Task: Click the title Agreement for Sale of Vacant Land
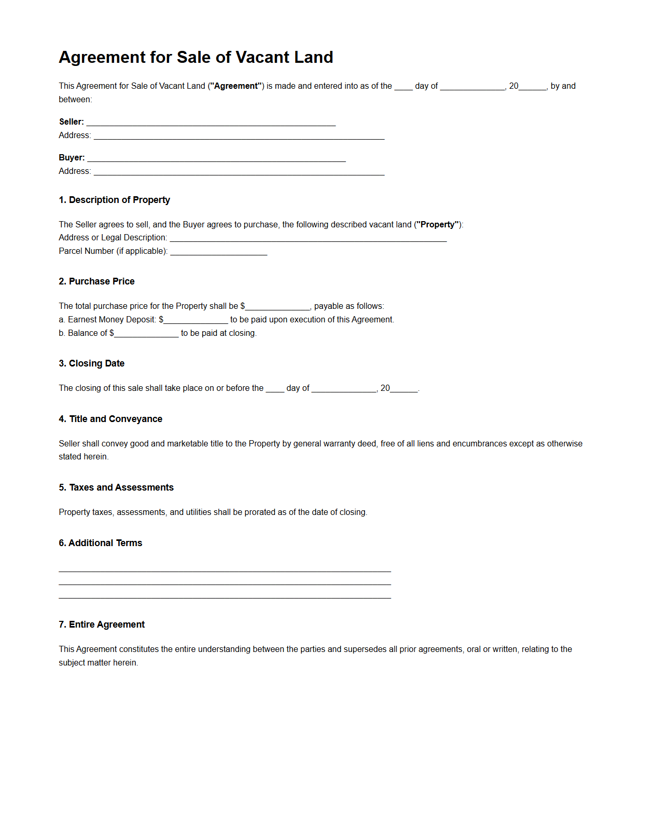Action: click(x=196, y=57)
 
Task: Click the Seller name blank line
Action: click(x=211, y=123)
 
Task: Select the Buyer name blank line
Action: click(x=216, y=158)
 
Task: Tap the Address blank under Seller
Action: click(x=239, y=136)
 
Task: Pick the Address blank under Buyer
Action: click(x=239, y=172)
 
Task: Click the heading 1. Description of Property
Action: click(x=114, y=200)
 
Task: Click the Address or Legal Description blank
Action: click(x=308, y=238)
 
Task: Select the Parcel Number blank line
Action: click(x=218, y=252)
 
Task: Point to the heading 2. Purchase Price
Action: click(x=96, y=281)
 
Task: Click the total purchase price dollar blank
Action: click(x=277, y=307)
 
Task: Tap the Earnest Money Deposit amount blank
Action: click(x=196, y=320)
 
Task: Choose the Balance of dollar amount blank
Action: click(x=146, y=334)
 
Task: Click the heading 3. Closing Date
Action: click(x=91, y=363)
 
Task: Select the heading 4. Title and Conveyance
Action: click(x=110, y=419)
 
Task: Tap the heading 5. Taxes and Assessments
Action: click(x=116, y=487)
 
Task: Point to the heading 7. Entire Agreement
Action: click(x=102, y=624)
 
